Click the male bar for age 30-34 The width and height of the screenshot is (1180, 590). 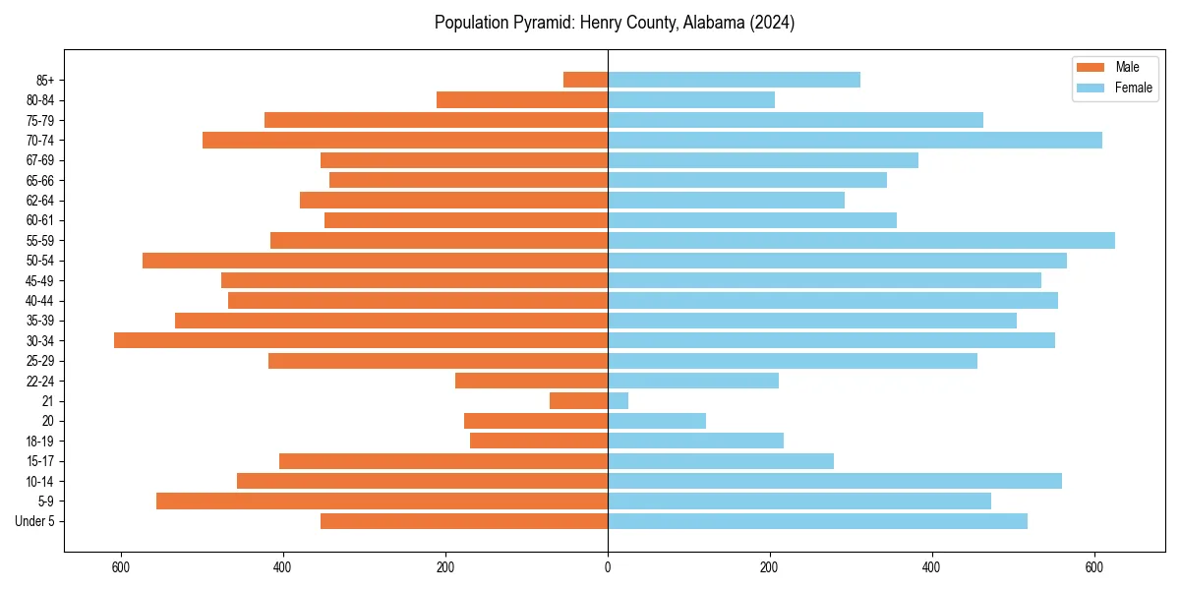(361, 340)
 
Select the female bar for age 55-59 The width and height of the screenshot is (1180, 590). (861, 240)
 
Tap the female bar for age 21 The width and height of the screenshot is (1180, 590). (619, 400)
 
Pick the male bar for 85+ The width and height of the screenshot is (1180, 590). (586, 80)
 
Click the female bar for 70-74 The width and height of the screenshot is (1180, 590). (855, 140)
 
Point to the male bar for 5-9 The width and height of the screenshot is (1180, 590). (382, 501)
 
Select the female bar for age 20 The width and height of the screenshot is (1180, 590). (657, 421)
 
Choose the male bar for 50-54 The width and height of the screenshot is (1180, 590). (375, 261)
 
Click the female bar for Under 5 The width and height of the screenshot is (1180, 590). (817, 521)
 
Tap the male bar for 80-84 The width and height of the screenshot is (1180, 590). (522, 99)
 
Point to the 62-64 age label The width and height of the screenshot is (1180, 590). (40, 201)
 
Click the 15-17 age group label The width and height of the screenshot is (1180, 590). (40, 461)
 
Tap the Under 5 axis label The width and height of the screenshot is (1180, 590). (35, 521)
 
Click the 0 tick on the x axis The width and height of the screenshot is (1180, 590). (608, 567)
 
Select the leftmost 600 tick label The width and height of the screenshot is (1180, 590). (121, 567)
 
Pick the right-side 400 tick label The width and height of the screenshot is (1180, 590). (932, 567)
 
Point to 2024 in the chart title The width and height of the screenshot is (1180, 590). (772, 23)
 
